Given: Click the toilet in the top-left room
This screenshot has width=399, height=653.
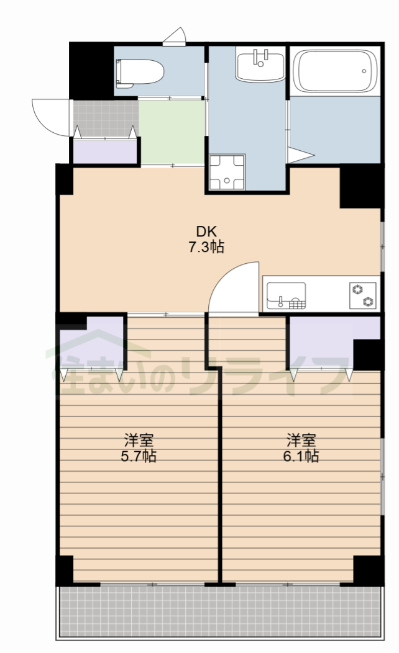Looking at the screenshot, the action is point(140,73).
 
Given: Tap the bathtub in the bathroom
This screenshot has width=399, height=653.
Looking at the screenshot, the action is point(335,71).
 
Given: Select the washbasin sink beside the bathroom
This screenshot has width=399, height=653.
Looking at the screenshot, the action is point(260,64).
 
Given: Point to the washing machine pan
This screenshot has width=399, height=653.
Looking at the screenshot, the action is point(227,172).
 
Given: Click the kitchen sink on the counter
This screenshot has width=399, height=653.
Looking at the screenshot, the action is point(286,295).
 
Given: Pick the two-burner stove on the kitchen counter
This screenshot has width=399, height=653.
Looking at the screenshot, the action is point(363,295).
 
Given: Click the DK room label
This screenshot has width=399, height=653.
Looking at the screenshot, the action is point(207,232).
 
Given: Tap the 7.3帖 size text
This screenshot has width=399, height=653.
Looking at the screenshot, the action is point(206,248).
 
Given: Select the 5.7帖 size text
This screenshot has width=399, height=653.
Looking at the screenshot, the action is point(139,456).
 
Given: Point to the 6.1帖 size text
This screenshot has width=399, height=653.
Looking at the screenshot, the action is point(301,456).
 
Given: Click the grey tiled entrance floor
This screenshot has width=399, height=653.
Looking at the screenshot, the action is point(106,118).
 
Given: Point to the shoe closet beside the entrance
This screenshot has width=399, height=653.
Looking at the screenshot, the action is point(105,151).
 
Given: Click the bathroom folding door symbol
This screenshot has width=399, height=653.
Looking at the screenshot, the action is point(300,155).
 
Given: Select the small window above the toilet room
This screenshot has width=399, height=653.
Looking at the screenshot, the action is point(174,37).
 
